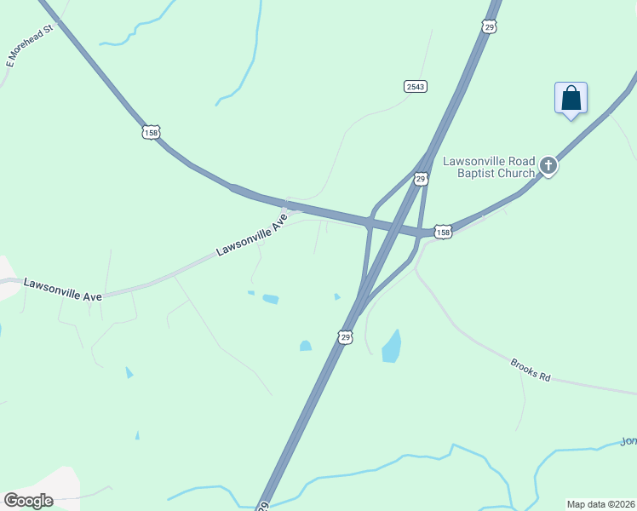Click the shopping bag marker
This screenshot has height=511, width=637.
click(x=571, y=98)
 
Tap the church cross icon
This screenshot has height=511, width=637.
click(x=548, y=166)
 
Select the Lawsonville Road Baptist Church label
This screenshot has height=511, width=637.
click(x=489, y=167)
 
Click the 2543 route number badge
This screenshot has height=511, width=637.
click(x=415, y=86)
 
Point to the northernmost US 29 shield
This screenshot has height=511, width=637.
click(x=489, y=27)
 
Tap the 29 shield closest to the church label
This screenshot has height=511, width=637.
click(x=421, y=179)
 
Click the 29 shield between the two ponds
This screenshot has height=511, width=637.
click(x=346, y=337)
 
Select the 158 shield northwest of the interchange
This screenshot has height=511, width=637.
click(x=151, y=132)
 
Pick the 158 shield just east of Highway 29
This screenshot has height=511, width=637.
click(x=442, y=232)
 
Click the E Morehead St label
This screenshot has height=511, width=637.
click(x=30, y=46)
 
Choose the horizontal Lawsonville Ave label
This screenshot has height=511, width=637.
click(x=63, y=289)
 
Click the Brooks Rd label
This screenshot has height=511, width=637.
click(x=531, y=370)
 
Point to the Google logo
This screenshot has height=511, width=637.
click(x=28, y=500)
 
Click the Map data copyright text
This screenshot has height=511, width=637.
click(x=600, y=504)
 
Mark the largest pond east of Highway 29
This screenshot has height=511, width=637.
click(x=392, y=346)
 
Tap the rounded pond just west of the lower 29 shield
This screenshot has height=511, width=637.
click(x=306, y=346)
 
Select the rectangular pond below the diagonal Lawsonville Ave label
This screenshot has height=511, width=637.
click(x=271, y=299)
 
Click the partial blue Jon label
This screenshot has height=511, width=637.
click(x=628, y=440)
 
